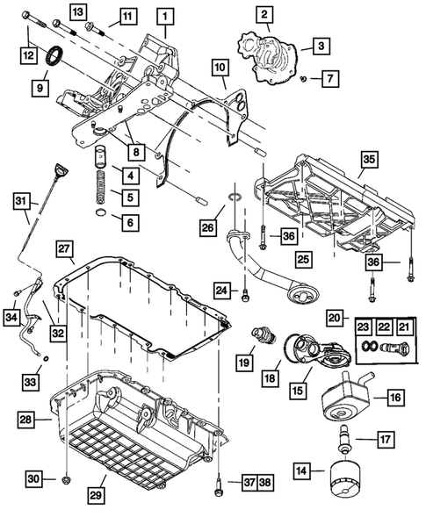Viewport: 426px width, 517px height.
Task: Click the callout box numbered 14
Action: [x=301, y=470]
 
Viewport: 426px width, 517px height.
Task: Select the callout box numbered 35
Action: [x=369, y=160]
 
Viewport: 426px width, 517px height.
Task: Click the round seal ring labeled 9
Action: [x=55, y=56]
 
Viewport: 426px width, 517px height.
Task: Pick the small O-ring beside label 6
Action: [x=102, y=213]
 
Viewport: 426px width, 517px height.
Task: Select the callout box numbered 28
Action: [x=25, y=419]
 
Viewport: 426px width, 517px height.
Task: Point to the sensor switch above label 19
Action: [x=264, y=335]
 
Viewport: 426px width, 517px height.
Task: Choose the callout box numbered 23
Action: [x=364, y=327]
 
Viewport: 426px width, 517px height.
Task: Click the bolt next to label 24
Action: [x=245, y=295]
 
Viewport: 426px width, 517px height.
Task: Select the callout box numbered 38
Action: [x=265, y=483]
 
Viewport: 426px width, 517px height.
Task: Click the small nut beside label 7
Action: [x=304, y=78]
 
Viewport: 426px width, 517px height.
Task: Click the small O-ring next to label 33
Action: [x=47, y=358]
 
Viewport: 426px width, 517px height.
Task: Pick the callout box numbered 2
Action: [x=264, y=15]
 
